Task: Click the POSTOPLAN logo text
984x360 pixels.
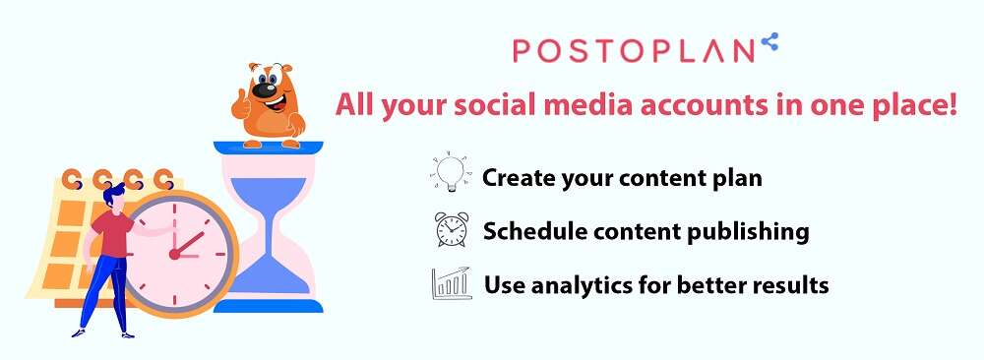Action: (633, 51)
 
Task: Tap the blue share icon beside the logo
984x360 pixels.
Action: (769, 41)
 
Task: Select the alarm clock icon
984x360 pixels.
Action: (452, 229)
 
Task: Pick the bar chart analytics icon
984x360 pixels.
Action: (452, 283)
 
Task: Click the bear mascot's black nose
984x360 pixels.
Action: (265, 90)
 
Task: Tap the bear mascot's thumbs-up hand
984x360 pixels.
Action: (240, 106)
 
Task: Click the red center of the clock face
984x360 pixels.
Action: (174, 254)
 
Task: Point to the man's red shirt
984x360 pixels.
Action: (113, 233)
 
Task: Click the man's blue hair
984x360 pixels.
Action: (114, 195)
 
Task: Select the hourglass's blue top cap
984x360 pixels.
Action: (269, 148)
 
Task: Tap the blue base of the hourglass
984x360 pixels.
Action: (269, 306)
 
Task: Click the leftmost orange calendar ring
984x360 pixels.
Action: (72, 179)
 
